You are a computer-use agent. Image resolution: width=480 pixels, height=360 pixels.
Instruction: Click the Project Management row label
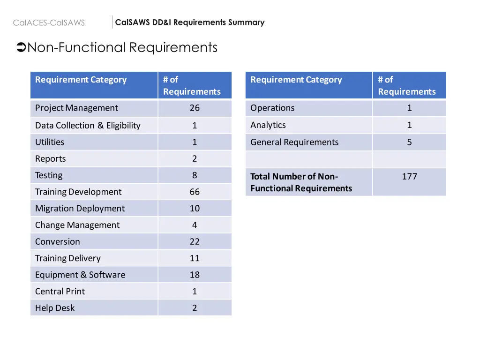[x=76, y=108]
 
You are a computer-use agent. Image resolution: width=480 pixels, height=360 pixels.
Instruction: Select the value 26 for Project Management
[x=195, y=108]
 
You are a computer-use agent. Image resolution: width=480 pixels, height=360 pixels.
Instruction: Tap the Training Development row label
[x=78, y=192]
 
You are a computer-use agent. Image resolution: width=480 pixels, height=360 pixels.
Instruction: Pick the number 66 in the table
[x=195, y=192]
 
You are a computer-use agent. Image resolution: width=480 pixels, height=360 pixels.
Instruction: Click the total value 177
[x=409, y=176]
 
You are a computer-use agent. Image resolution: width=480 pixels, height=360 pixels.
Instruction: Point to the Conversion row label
[x=58, y=241]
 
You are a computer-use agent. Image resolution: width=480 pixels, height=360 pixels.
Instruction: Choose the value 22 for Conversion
[x=195, y=241]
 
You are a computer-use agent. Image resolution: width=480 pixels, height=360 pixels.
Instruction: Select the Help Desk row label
[x=55, y=308]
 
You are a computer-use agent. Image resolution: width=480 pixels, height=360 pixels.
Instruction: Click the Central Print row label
[x=60, y=291]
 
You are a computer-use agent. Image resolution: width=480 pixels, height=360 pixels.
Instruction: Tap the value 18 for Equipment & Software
[x=195, y=275]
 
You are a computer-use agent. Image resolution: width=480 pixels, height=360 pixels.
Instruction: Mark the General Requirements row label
[x=294, y=142]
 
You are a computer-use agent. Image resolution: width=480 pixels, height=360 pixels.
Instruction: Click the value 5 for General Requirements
[x=409, y=142]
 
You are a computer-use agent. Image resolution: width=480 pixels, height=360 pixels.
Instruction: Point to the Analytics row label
[x=268, y=125]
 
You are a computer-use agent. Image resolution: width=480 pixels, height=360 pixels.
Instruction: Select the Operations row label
[x=272, y=108]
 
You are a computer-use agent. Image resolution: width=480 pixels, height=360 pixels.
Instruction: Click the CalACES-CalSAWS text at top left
[x=49, y=22]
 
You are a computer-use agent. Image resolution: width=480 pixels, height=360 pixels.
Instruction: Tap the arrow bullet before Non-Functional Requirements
[x=21, y=47]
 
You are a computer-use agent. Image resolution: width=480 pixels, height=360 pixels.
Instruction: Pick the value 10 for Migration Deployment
[x=195, y=208]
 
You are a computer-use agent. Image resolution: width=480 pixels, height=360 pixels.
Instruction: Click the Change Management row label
[x=77, y=225]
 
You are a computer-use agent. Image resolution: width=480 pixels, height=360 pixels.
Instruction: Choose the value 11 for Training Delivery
[x=195, y=258]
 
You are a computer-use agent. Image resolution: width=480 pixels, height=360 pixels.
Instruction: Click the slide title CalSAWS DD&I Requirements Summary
[x=190, y=22]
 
